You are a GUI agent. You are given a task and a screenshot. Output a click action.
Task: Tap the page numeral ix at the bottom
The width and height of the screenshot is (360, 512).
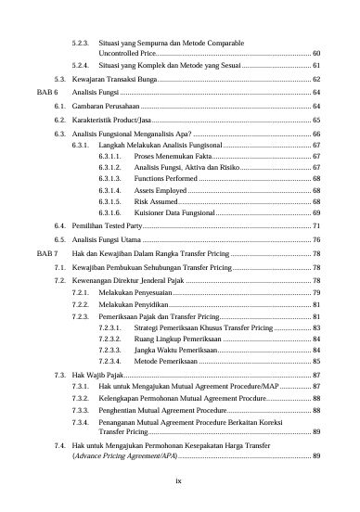[179, 480]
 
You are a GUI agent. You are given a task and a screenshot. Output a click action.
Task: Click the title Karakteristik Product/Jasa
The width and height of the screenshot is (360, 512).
[111, 120]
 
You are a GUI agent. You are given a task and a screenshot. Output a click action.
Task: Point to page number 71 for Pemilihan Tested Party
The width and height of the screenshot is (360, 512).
[316, 225]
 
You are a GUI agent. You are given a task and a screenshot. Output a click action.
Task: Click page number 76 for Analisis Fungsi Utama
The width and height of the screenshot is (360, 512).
[316, 239]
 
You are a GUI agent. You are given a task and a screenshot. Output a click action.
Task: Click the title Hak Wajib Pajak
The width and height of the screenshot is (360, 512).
[99, 378]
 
